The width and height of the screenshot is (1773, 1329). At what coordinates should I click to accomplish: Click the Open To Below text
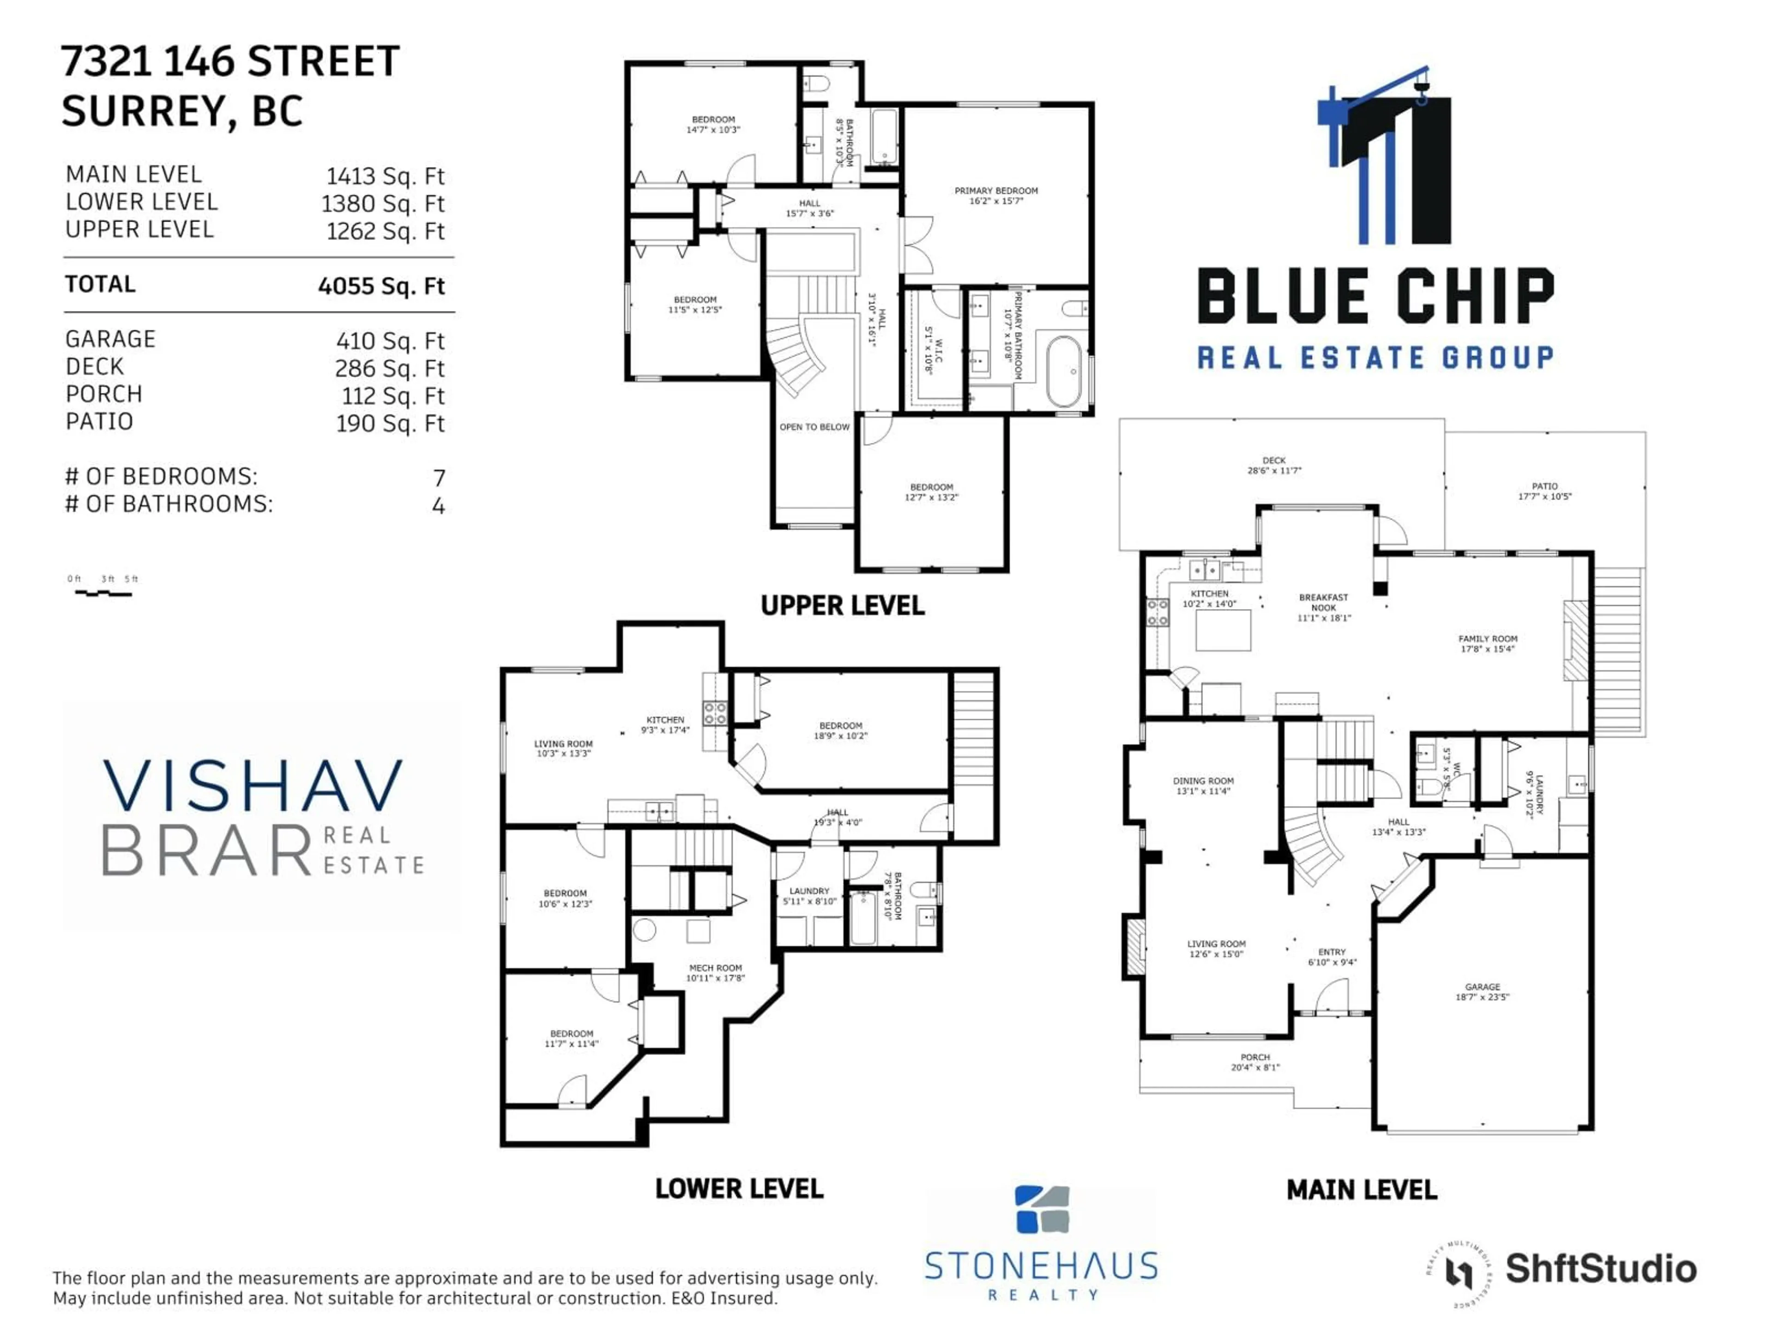pyautogui.click(x=814, y=427)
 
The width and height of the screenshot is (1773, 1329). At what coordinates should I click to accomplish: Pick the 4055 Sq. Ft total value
pyautogui.click(x=381, y=286)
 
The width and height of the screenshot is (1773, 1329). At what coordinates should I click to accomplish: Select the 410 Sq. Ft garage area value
pyautogui.click(x=390, y=341)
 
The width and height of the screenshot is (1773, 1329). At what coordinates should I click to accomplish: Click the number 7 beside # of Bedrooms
pyautogui.click(x=439, y=478)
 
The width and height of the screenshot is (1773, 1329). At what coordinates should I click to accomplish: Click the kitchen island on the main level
pyautogui.click(x=1223, y=629)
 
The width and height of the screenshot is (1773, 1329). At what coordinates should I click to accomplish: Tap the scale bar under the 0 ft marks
pyautogui.click(x=103, y=593)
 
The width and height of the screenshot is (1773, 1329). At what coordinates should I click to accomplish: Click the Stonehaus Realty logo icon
pyautogui.click(x=1042, y=1209)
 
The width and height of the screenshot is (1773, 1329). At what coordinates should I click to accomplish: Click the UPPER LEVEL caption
pyautogui.click(x=843, y=605)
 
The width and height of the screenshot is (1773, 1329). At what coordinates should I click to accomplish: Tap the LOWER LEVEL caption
pyautogui.click(x=739, y=1189)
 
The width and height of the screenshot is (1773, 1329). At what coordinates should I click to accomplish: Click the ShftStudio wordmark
pyautogui.click(x=1601, y=1269)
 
